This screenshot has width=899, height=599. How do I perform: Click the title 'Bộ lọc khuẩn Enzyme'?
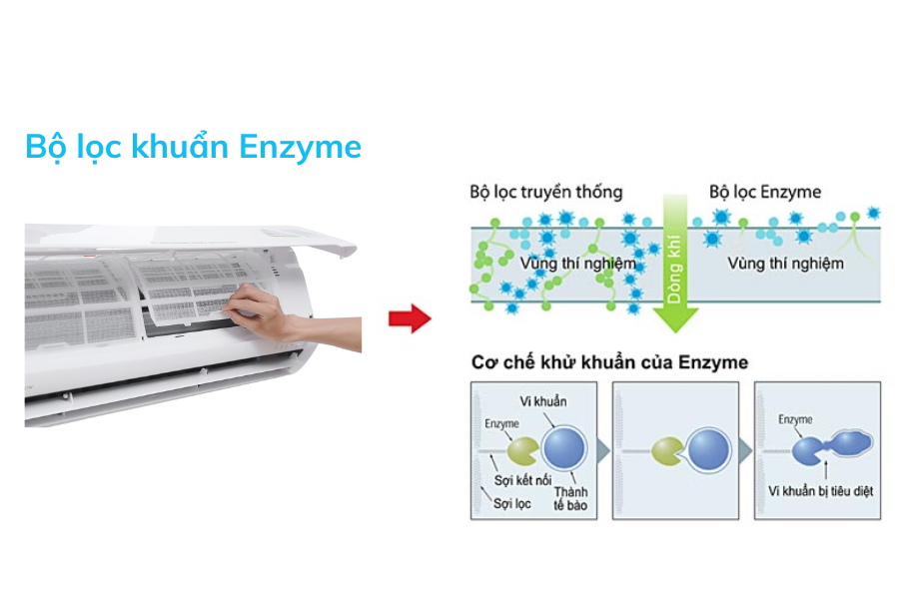click(x=193, y=147)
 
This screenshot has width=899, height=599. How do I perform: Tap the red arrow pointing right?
click(x=410, y=318)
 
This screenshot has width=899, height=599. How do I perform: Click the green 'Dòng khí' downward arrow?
click(x=675, y=264)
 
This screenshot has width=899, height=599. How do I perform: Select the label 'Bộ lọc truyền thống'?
click(x=545, y=192)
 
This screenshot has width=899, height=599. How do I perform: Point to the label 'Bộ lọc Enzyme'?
click(x=765, y=192)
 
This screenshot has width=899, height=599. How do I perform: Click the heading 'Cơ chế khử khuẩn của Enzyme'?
click(x=609, y=362)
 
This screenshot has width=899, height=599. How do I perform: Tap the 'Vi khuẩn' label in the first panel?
click(x=543, y=401)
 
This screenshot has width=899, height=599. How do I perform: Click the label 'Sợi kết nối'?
click(x=522, y=480)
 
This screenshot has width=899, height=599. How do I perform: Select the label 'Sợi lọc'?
click(x=512, y=504)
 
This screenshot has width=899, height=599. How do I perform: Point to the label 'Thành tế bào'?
click(x=570, y=499)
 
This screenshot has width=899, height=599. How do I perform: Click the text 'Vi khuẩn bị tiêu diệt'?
click(x=820, y=491)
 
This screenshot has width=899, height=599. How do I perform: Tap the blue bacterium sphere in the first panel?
click(x=564, y=448)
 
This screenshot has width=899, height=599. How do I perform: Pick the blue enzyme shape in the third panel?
click(x=808, y=451)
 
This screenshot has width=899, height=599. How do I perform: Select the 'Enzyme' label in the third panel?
click(x=795, y=419)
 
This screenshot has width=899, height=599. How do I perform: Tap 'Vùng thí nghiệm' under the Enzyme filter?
click(x=785, y=264)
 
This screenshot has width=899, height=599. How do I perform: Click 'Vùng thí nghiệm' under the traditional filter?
click(x=578, y=264)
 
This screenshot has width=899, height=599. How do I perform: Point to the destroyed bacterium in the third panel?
click(x=851, y=443)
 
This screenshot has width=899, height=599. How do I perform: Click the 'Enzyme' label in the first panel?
click(x=501, y=423)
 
